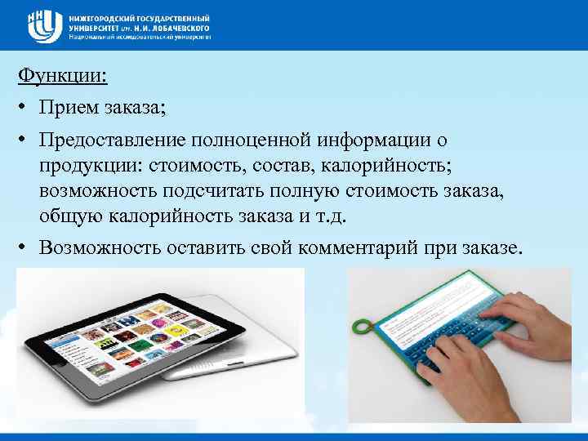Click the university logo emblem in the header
point(46,26)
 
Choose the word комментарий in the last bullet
point(351,247)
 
